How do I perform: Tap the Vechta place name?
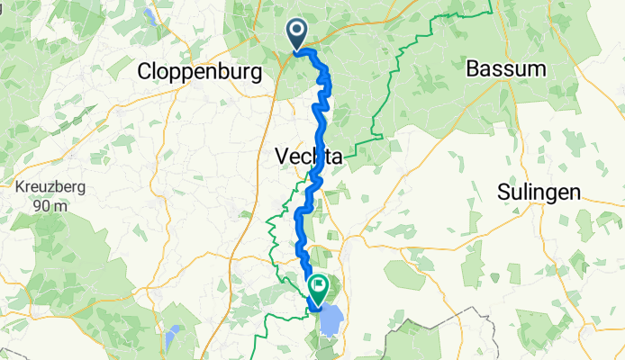click(307, 157)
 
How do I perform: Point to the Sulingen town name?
click(538, 192)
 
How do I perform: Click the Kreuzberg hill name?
click(47, 189)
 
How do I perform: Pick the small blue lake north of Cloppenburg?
click(147, 14)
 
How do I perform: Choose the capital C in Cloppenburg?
click(144, 70)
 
